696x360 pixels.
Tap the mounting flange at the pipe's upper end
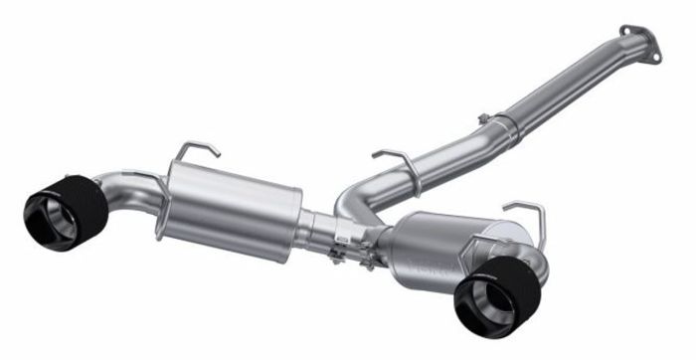[638, 43]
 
